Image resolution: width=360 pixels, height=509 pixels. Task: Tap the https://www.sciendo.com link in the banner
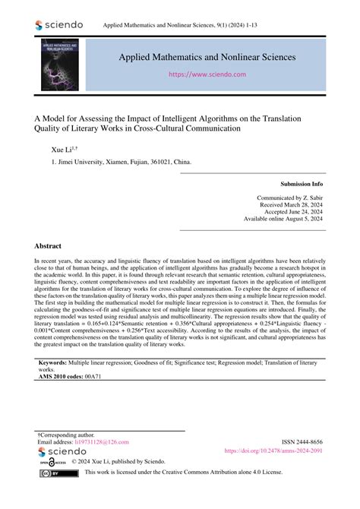pyautogui.click(x=216, y=75)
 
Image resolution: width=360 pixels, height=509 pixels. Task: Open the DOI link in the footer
pyautogui.click(x=273, y=451)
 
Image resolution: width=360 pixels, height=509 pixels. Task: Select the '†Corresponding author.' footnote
pyautogui.click(x=68, y=433)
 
